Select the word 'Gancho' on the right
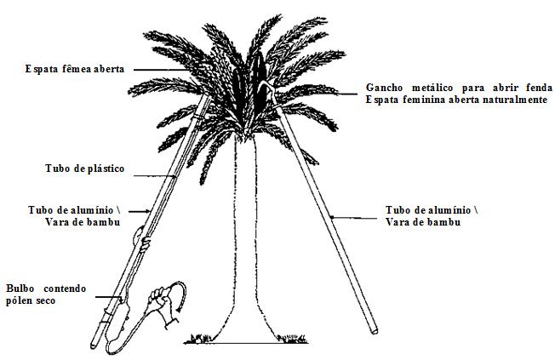(386, 88)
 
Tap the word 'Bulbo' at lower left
(22, 289)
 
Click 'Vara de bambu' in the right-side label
(423, 221)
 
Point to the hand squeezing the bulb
(160, 300)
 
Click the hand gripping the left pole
(145, 246)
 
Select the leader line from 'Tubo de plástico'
(153, 175)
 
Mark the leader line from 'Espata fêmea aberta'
(170, 68)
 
